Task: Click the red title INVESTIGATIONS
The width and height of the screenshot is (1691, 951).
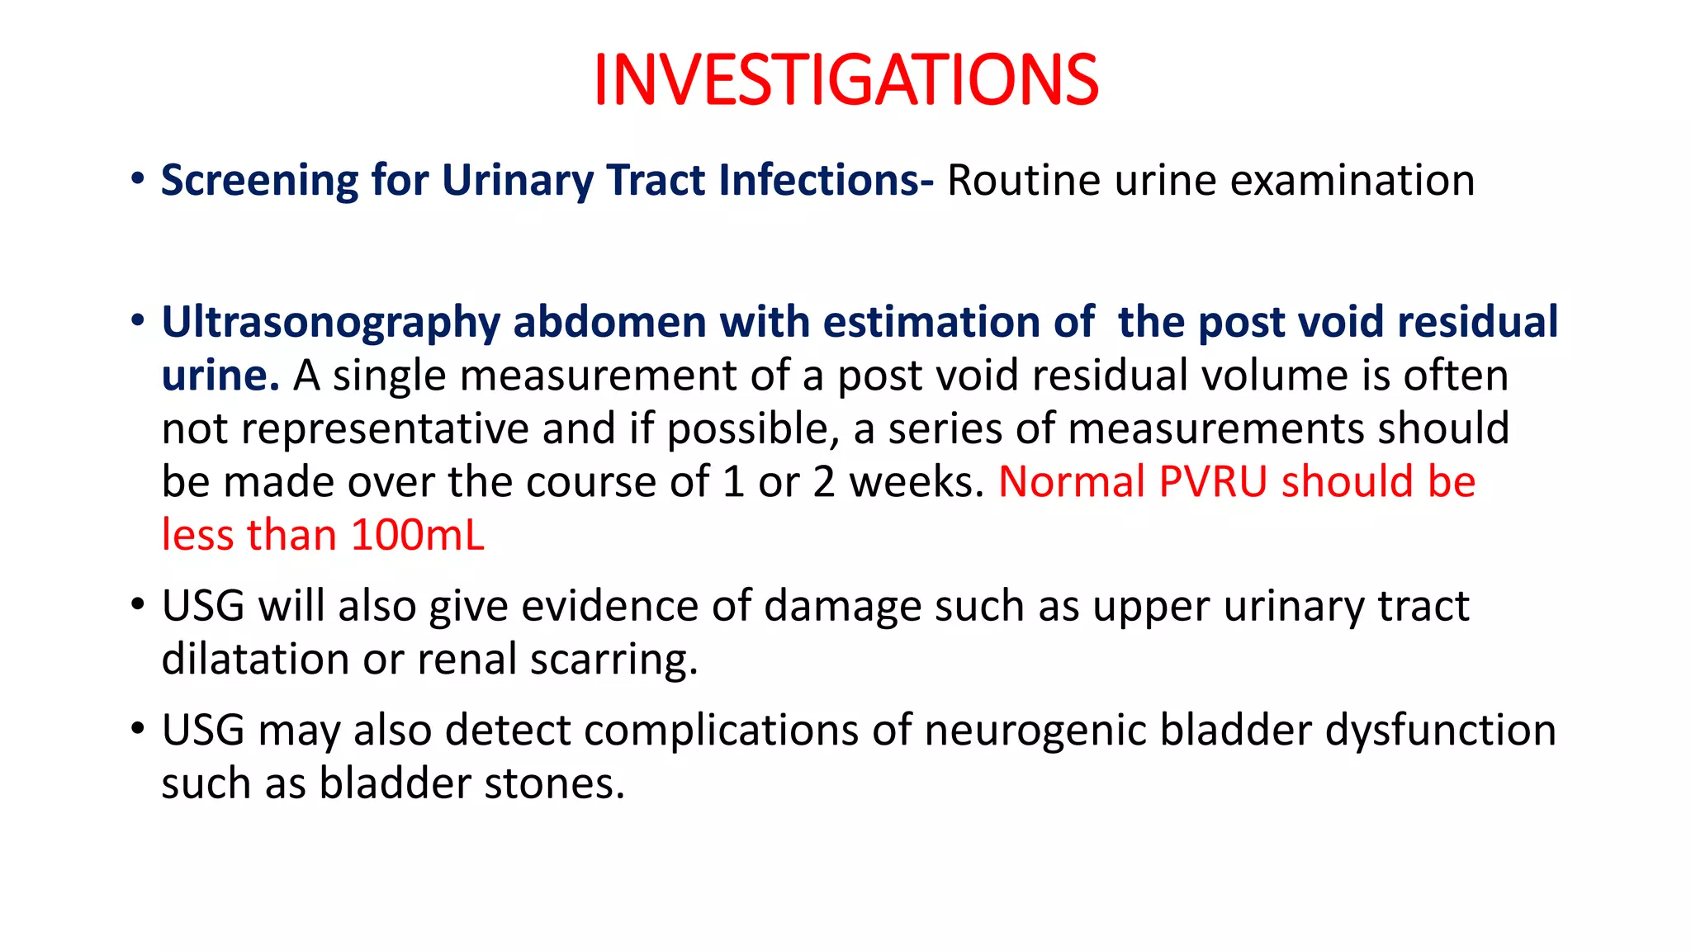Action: coord(845,80)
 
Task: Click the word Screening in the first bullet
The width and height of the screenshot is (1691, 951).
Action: coord(259,181)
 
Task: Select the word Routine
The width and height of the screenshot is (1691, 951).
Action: coord(1023,181)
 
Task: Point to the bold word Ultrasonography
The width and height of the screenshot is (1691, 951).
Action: coord(330,323)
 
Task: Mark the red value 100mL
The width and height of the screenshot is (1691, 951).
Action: coord(417,535)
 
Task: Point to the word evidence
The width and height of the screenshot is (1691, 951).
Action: coord(610,606)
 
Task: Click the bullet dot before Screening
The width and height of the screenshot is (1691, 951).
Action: coord(138,179)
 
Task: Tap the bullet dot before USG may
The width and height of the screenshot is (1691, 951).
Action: coord(138,729)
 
